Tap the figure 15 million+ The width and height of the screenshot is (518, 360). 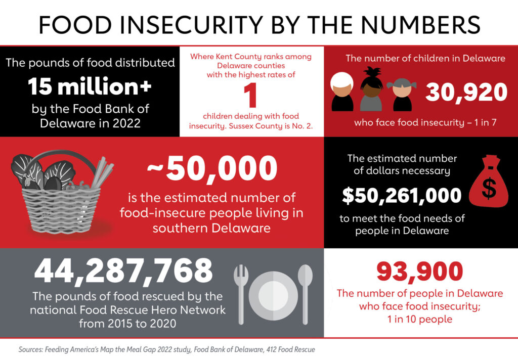click(90, 87)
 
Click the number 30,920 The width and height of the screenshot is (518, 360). click(465, 93)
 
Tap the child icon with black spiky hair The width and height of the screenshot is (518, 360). click(371, 88)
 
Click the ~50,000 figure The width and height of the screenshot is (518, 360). click(212, 171)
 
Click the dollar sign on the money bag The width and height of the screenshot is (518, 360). click(489, 188)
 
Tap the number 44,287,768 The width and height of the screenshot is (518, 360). click(123, 272)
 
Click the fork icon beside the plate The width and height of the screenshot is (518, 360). click(241, 293)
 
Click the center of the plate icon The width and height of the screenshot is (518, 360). click(273, 293)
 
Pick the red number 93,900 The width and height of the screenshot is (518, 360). click(419, 272)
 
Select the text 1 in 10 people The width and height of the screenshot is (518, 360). click(419, 319)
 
